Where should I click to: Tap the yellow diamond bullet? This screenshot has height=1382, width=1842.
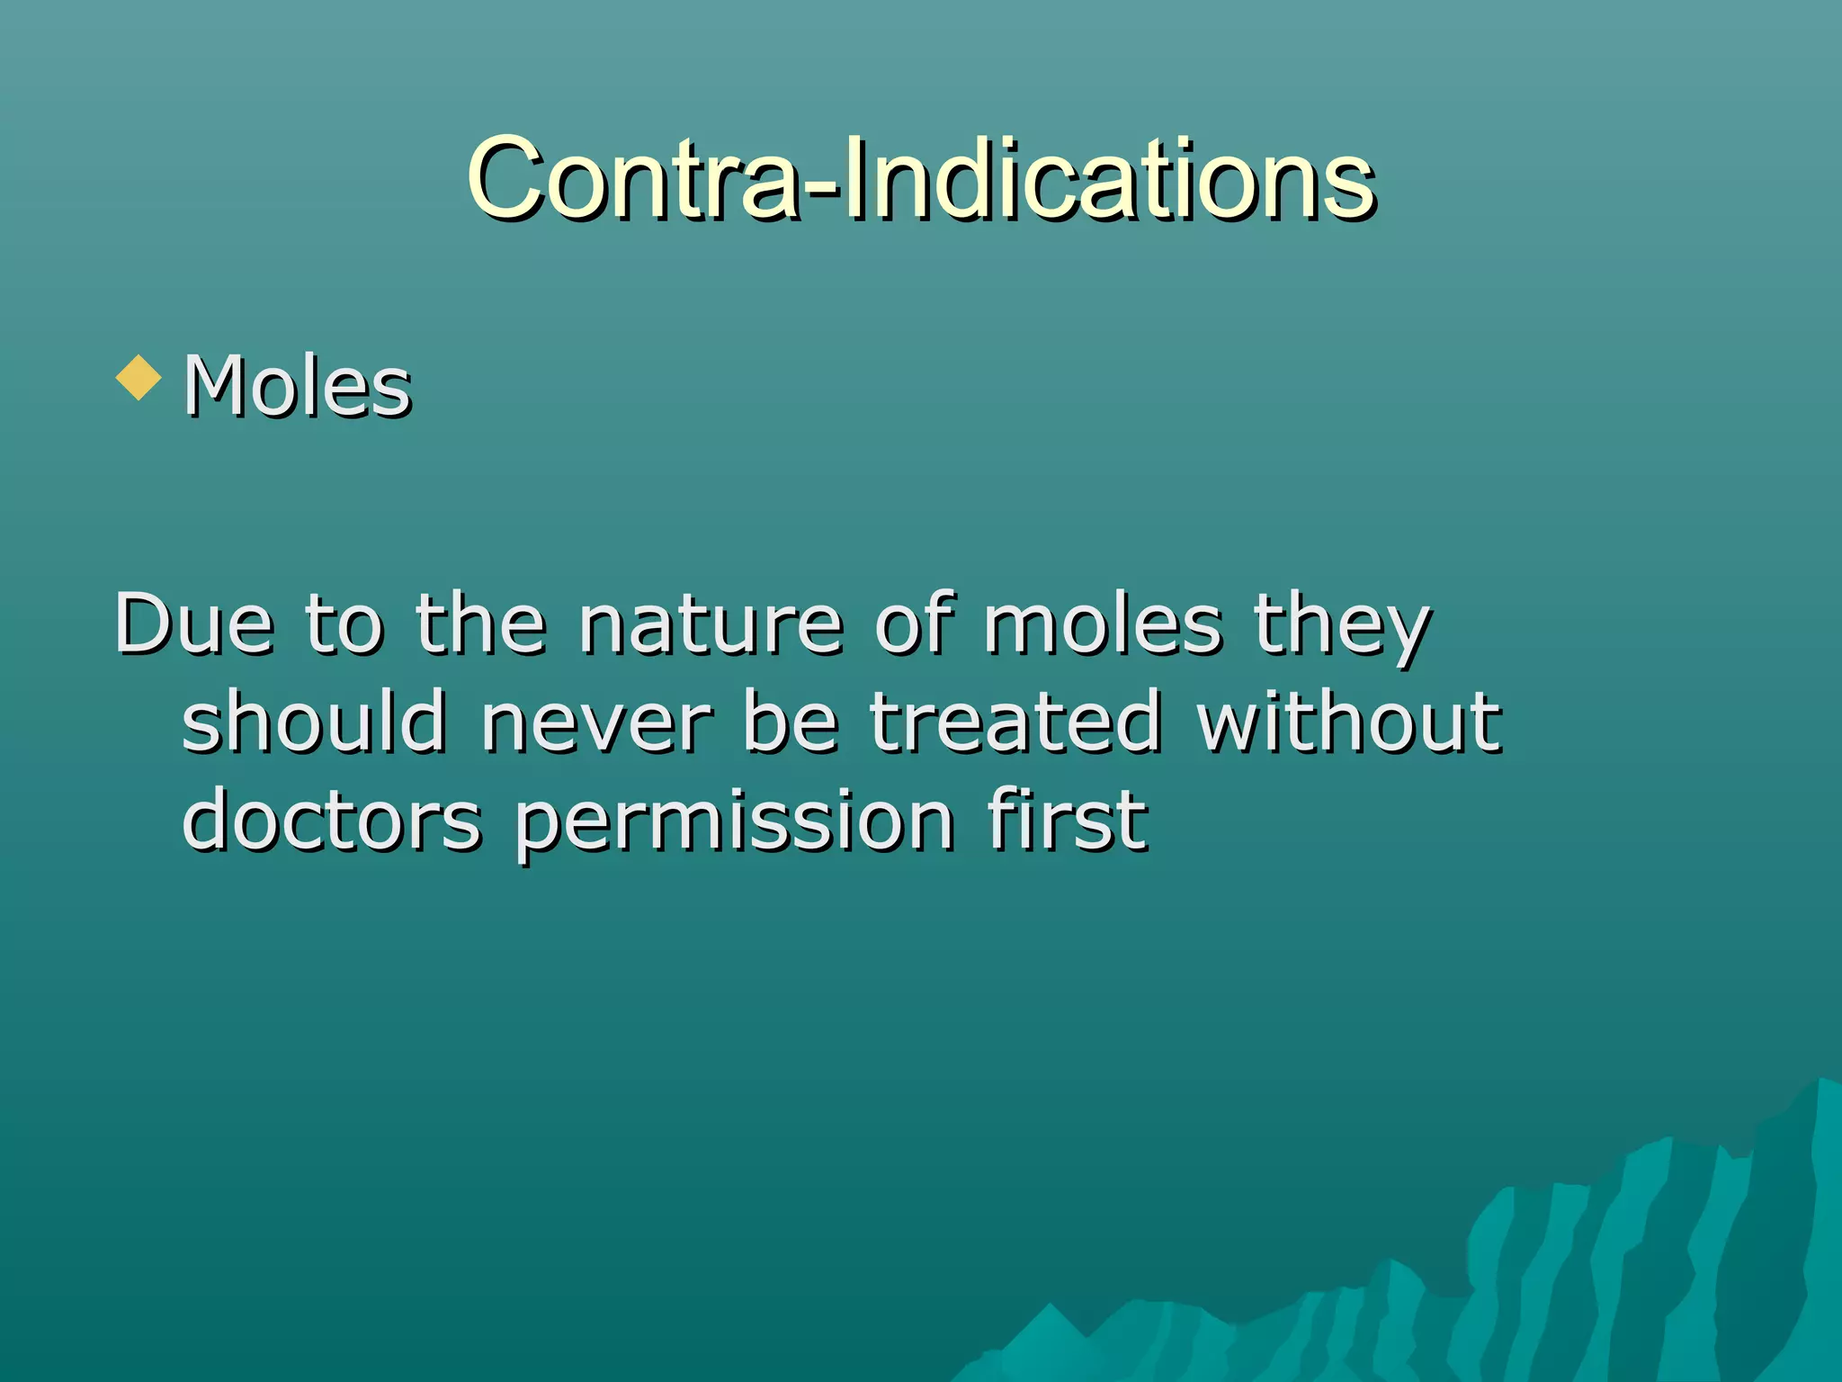point(139,377)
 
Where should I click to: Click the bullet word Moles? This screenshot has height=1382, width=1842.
point(298,387)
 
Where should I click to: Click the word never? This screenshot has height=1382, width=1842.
point(595,722)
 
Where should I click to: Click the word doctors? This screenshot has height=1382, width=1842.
point(332,820)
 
